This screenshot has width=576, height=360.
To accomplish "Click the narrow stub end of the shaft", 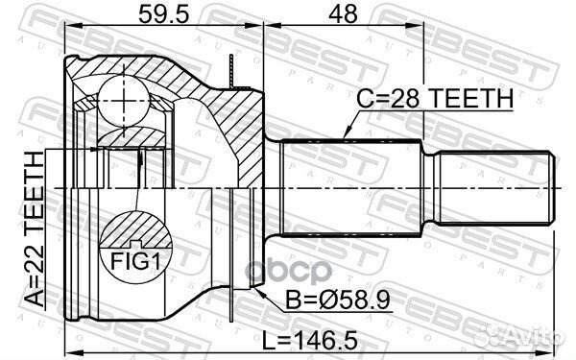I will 493,187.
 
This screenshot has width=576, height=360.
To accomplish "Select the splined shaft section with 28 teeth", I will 351,187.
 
